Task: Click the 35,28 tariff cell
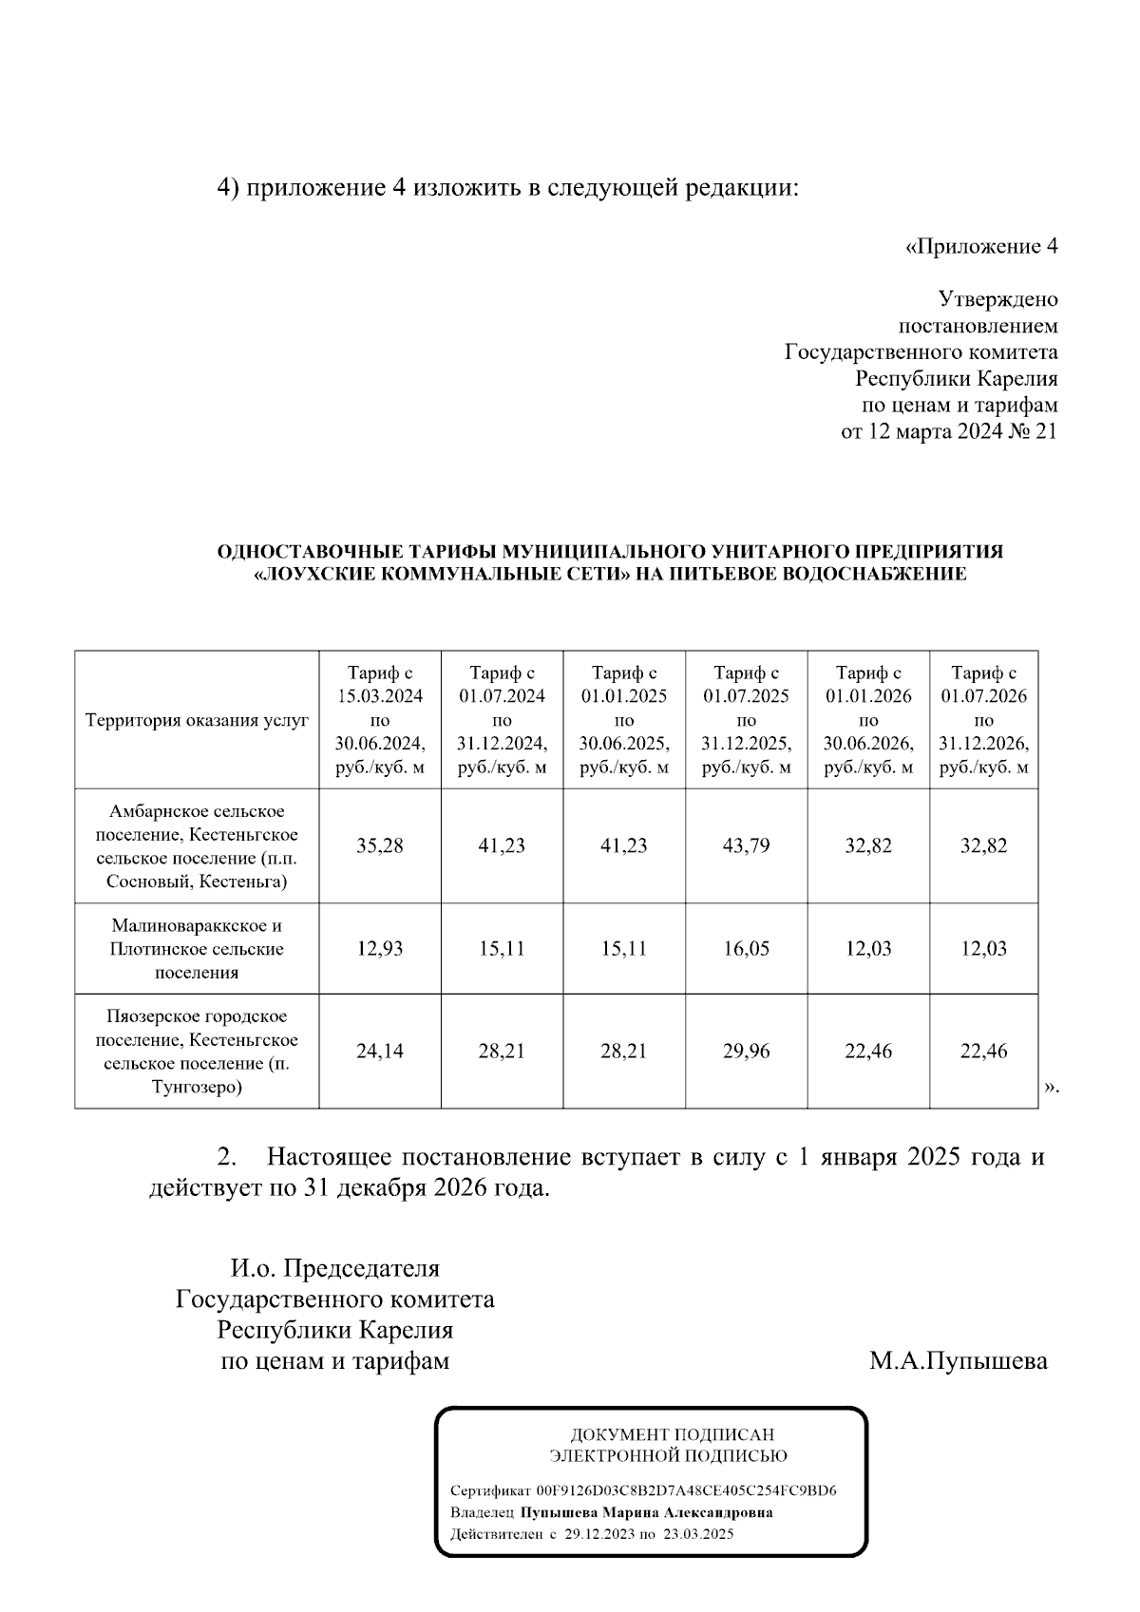point(379,845)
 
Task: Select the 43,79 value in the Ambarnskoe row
point(746,845)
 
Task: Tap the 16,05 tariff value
point(746,948)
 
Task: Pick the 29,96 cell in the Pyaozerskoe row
point(746,1051)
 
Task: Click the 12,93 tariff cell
point(379,948)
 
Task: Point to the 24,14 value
point(379,1051)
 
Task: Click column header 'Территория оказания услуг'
point(197,720)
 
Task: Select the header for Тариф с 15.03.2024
point(379,720)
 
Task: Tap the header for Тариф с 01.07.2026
point(983,720)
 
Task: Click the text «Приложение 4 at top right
point(980,247)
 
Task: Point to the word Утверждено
point(997,299)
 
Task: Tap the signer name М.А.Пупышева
point(958,1361)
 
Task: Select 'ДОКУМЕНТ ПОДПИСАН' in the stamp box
point(672,1434)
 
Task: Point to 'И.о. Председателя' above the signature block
point(334,1268)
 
